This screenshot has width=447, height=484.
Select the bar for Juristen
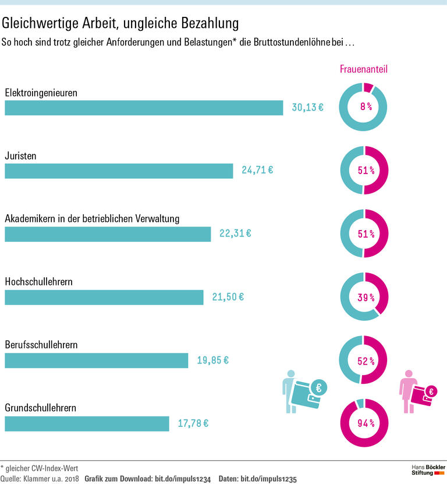(x=119, y=171)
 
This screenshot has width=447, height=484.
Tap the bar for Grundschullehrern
(x=87, y=423)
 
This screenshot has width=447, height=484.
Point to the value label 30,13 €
(x=307, y=108)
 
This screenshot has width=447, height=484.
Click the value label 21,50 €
(x=228, y=297)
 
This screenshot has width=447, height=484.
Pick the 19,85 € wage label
(x=212, y=360)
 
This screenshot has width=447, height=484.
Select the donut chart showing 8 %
(x=364, y=107)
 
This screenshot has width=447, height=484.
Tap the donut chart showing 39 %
(x=364, y=296)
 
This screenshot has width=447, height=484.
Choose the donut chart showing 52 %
(x=364, y=360)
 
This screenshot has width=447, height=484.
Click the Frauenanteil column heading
(x=364, y=69)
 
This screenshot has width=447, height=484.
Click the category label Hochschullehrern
(x=38, y=281)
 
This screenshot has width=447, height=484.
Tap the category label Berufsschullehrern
(x=41, y=345)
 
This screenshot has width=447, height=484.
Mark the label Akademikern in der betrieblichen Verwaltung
(x=92, y=218)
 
